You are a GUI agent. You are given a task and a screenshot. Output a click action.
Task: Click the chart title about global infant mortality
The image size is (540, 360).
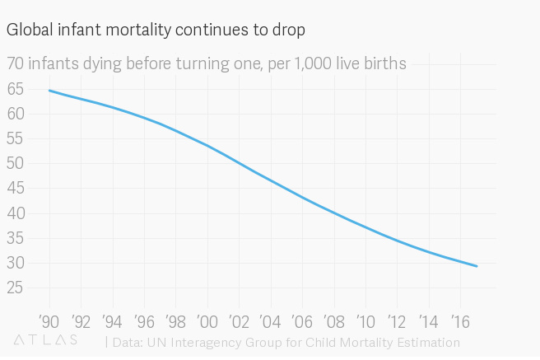tap(156, 30)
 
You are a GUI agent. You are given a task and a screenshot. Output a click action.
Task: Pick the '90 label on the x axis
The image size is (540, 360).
tap(49, 320)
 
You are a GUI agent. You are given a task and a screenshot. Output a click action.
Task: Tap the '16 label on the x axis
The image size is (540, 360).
tap(461, 320)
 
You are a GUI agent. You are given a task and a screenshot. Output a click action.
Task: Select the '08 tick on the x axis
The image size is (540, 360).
tap(334, 320)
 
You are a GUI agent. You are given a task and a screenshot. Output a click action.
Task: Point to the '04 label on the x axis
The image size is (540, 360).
tap(271, 320)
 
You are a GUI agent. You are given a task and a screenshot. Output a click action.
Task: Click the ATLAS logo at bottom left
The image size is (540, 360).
tap(46, 339)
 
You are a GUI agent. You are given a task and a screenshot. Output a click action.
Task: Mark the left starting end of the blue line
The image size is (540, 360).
tap(50, 91)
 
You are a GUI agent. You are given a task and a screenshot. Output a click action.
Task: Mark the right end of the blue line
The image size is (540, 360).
tap(477, 266)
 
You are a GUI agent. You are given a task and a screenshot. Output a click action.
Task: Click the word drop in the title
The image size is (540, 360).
tap(290, 30)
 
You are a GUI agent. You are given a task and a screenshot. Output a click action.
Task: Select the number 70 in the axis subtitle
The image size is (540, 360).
tap(16, 63)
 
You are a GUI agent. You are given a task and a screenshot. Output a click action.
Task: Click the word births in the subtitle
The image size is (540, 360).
tap(384, 63)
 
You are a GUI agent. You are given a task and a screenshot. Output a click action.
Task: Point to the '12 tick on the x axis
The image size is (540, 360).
tap(398, 320)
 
